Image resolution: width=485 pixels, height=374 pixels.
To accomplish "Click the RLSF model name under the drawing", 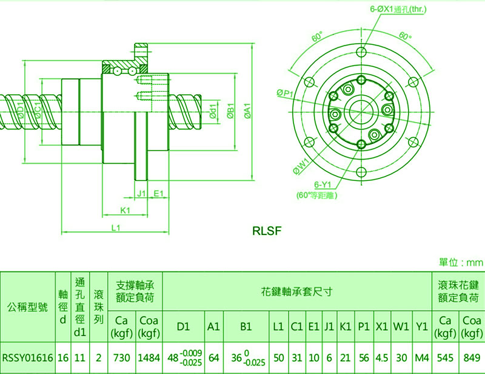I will (267, 231).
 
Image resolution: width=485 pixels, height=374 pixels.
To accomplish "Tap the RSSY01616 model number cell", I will (28, 358).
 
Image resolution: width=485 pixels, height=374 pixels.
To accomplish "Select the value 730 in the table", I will (121, 358).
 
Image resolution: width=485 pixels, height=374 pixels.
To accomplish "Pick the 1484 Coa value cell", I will (149, 358).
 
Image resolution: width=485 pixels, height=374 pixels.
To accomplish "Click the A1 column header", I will (213, 326).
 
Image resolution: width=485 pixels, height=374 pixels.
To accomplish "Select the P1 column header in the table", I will (364, 326).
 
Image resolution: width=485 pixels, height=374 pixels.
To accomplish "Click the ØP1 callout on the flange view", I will (284, 93).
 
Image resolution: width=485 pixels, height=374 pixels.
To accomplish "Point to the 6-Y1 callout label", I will (321, 185).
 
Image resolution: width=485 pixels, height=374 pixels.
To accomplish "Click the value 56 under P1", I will (364, 358).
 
